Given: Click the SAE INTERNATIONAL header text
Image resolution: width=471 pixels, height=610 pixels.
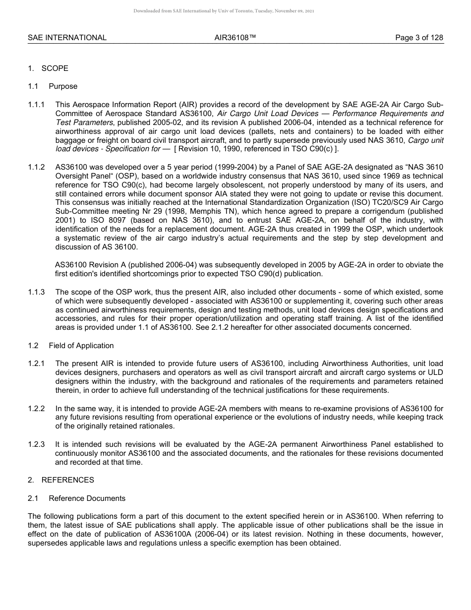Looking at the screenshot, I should tap(67, 38).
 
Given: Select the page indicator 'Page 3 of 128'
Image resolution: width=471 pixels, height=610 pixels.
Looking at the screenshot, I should tap(419, 38).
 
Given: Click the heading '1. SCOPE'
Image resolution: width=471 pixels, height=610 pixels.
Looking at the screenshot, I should tap(48, 68).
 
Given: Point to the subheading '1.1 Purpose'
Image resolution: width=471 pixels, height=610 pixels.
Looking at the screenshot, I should tap(53, 86).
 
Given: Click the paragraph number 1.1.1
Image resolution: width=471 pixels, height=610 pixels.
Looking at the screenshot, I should tap(36, 105).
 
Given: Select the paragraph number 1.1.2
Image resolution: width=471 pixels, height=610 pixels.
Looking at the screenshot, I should tap(36, 167).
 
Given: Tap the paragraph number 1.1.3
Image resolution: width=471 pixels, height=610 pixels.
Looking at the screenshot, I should tap(36, 293).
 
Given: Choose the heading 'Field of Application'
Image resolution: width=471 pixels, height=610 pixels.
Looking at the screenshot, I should tap(81, 346).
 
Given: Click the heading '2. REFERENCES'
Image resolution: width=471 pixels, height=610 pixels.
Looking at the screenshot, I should tap(61, 480).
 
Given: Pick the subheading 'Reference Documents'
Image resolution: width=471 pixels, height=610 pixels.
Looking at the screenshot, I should tap(87, 498).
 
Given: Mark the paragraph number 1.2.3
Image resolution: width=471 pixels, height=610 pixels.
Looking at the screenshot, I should tap(36, 444).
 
